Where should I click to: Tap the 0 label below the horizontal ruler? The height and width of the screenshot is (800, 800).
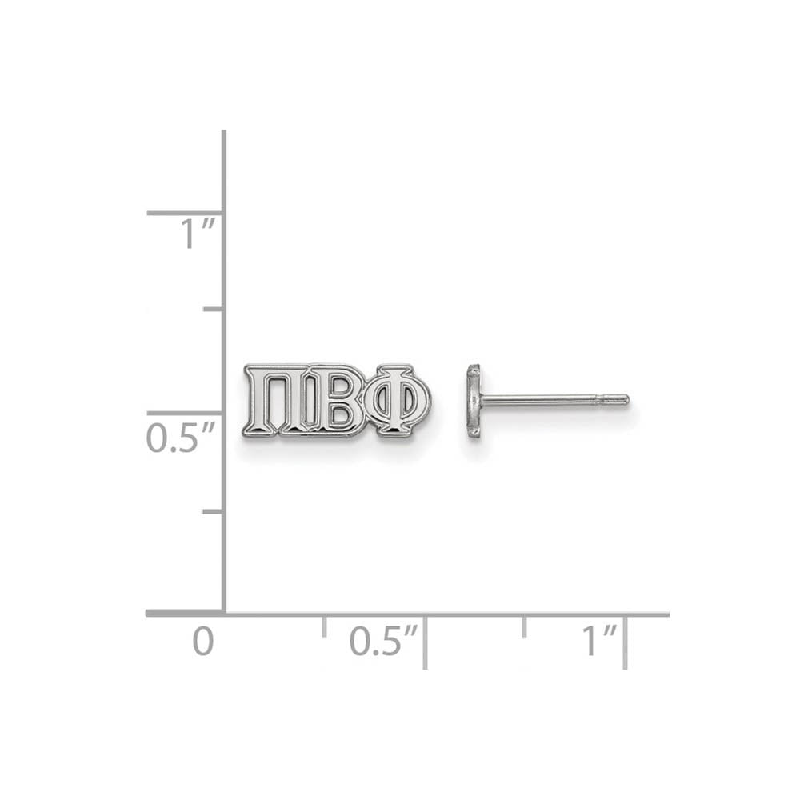point(203,642)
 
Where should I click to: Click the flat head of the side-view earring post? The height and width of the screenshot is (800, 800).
point(474,401)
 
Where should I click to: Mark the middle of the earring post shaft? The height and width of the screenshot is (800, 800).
point(552,399)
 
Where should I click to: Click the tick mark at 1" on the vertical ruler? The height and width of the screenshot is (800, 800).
point(184,213)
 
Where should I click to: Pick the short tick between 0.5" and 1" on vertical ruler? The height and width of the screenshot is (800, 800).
point(212,308)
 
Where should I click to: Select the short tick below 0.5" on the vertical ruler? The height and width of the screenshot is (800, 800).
point(212,510)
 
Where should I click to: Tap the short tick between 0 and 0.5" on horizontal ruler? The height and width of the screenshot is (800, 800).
point(324,626)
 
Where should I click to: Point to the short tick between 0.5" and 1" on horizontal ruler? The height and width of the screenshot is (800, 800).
point(525,626)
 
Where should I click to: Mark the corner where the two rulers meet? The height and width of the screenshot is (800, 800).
point(223,614)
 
